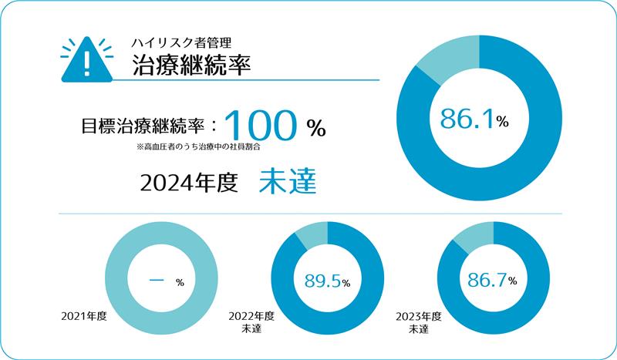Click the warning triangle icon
86,60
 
